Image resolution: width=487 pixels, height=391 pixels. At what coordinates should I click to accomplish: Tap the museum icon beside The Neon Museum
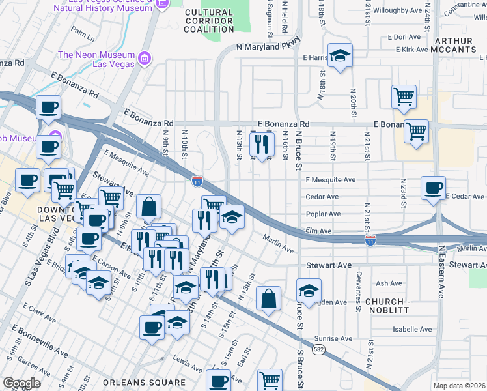point(145,60)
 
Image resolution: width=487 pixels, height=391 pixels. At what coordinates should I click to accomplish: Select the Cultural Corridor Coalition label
point(208,21)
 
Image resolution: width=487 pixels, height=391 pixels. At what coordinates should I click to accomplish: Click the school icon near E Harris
point(339,56)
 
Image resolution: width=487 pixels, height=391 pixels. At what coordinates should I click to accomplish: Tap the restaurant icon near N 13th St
point(262,145)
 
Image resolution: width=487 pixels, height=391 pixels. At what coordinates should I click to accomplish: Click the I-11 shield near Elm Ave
point(370,241)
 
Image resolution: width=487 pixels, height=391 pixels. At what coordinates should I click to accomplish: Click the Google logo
point(21,383)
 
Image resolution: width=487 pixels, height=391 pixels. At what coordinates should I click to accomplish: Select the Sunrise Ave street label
point(333,339)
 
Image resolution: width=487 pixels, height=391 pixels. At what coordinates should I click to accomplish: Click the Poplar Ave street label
point(323,214)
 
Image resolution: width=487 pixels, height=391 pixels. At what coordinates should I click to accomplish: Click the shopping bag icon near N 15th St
point(268,298)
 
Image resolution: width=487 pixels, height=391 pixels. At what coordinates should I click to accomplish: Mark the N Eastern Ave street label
point(441,272)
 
